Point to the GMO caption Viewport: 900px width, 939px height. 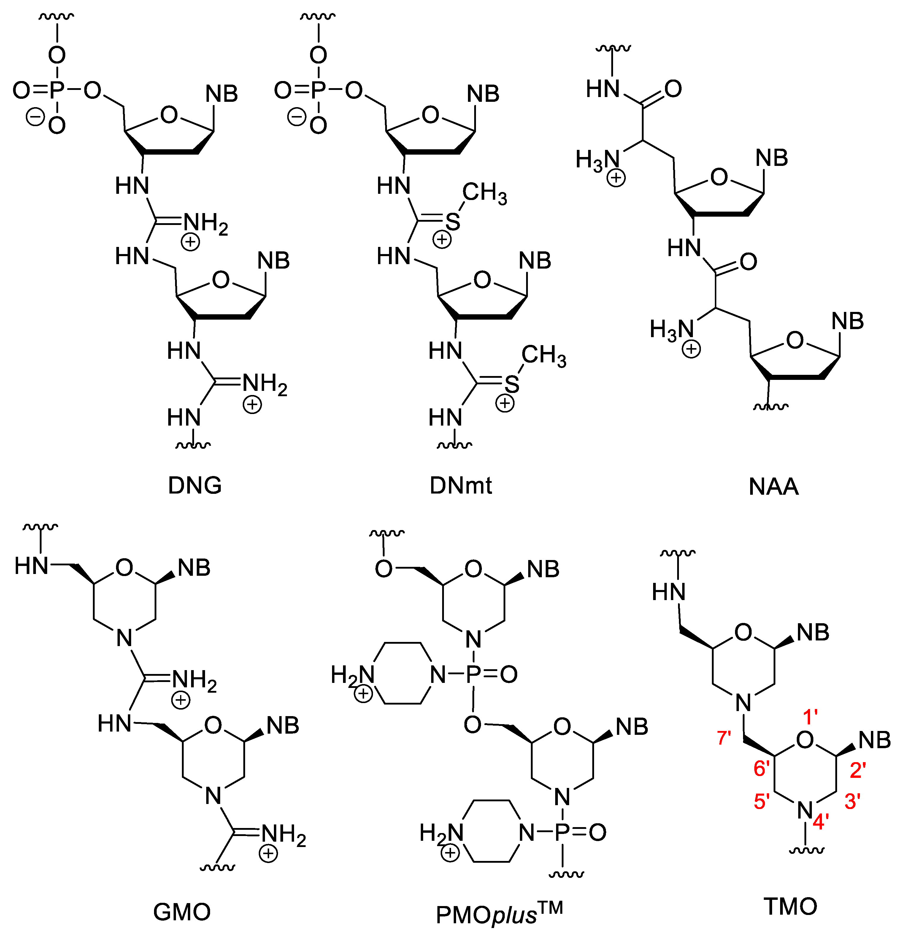[x=182, y=912]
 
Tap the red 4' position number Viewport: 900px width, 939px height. [x=820, y=822]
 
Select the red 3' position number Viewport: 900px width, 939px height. [x=853, y=802]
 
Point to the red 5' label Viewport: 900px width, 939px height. [x=762, y=802]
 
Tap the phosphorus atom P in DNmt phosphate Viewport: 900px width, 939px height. [x=318, y=90]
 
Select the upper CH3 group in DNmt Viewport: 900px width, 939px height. [x=484, y=193]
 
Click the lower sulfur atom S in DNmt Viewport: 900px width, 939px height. [x=512, y=384]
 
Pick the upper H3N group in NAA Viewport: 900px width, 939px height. [x=598, y=161]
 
